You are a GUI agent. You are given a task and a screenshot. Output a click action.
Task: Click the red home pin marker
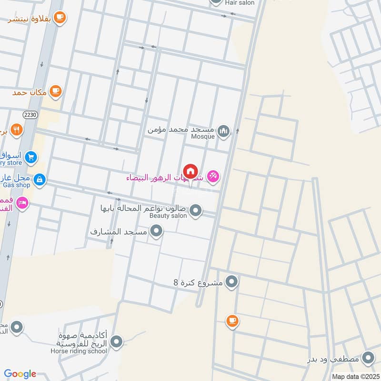[x=190, y=171]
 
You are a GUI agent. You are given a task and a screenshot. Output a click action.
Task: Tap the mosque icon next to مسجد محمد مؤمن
[x=223, y=130]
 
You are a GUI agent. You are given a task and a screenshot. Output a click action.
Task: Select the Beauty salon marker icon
[x=195, y=210]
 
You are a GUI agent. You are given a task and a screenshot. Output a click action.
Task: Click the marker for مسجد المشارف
[x=156, y=232]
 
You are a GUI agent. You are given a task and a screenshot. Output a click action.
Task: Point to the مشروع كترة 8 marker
[x=231, y=282]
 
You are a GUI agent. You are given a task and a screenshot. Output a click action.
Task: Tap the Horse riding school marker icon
[x=116, y=341]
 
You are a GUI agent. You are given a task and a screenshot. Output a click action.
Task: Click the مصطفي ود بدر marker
[x=368, y=358]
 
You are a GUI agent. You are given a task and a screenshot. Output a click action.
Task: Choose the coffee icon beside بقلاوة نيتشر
[x=60, y=18]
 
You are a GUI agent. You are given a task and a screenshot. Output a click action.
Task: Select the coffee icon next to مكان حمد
[x=56, y=90]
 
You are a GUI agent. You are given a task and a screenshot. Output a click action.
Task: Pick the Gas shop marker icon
[x=40, y=179]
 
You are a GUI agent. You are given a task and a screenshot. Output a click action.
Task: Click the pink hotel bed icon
[x=21, y=204]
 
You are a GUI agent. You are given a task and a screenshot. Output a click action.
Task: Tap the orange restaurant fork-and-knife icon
[x=16, y=130]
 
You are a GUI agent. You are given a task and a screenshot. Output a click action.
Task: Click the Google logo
[x=20, y=373]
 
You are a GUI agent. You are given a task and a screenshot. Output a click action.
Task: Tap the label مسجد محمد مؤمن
[x=180, y=130]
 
